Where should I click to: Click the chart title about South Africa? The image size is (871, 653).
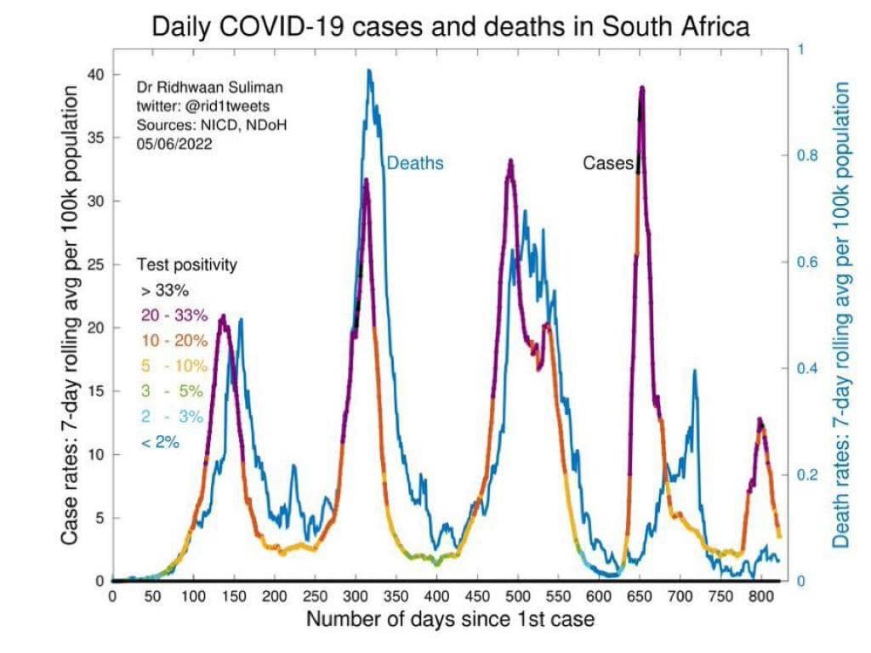point(450,26)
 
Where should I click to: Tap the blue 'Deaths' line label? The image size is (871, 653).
point(415,162)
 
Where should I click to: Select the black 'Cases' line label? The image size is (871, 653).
point(608,162)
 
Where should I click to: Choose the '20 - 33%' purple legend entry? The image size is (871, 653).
point(174,315)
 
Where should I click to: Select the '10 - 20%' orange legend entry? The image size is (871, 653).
point(174,341)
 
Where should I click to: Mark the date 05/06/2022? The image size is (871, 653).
point(174,144)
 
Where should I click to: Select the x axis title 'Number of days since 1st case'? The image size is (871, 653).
point(450,618)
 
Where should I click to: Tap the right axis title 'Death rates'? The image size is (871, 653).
point(841,315)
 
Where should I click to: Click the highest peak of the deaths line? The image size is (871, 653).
point(369,71)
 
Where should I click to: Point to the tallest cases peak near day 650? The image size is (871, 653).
point(642,87)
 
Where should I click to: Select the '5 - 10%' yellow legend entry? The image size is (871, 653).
point(174,366)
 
